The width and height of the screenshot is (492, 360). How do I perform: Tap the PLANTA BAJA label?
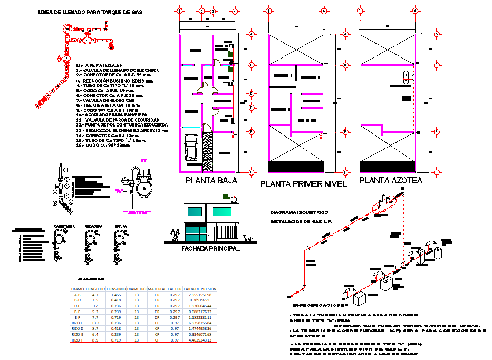coord(210,181)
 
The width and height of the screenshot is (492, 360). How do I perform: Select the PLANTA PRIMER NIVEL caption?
coord(303,184)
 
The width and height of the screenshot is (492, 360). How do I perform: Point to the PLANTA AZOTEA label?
coord(391,181)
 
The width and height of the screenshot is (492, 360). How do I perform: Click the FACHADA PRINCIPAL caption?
coord(210,249)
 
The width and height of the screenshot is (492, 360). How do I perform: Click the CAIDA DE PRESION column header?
coord(200,289)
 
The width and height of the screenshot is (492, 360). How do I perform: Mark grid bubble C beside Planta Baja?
coord(252,94)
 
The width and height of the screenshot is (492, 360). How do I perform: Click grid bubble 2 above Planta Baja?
coord(201,11)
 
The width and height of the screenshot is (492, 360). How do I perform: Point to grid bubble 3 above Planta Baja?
coord(213,11)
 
